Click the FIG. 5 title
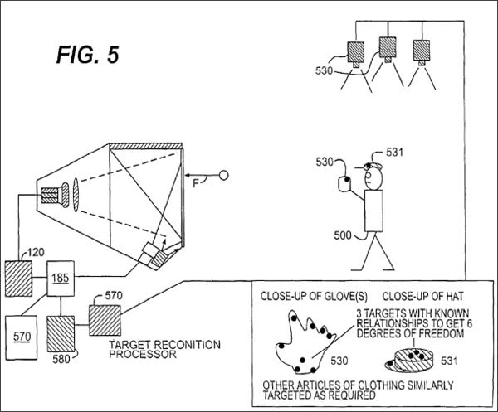click(x=88, y=55)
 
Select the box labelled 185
click(x=61, y=279)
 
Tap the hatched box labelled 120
click(x=18, y=279)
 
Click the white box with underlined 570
click(x=22, y=337)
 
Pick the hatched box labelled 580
click(x=61, y=334)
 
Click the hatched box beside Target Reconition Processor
click(x=105, y=320)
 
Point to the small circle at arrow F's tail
click(x=224, y=175)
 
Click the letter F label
click(x=196, y=183)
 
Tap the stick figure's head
click(x=373, y=177)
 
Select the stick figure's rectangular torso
click(x=373, y=211)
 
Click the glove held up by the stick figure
click(x=344, y=184)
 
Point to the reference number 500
click(x=343, y=235)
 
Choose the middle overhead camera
click(x=388, y=50)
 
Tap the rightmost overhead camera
click(x=422, y=53)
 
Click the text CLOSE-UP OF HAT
click(x=422, y=297)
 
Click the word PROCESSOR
click(x=143, y=354)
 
